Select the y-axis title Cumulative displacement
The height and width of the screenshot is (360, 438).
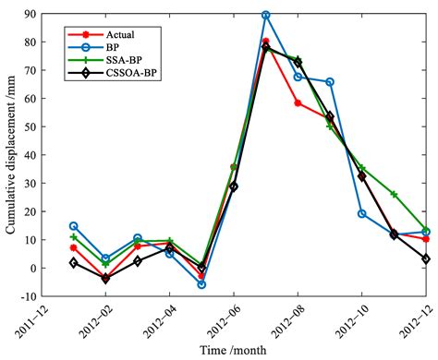pos(13,157)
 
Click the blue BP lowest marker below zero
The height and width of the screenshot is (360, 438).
pos(201,284)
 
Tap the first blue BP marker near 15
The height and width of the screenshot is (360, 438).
pos(74,226)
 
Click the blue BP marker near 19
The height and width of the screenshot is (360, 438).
pos(361,213)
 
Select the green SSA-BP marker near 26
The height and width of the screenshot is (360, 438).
pos(394,195)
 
